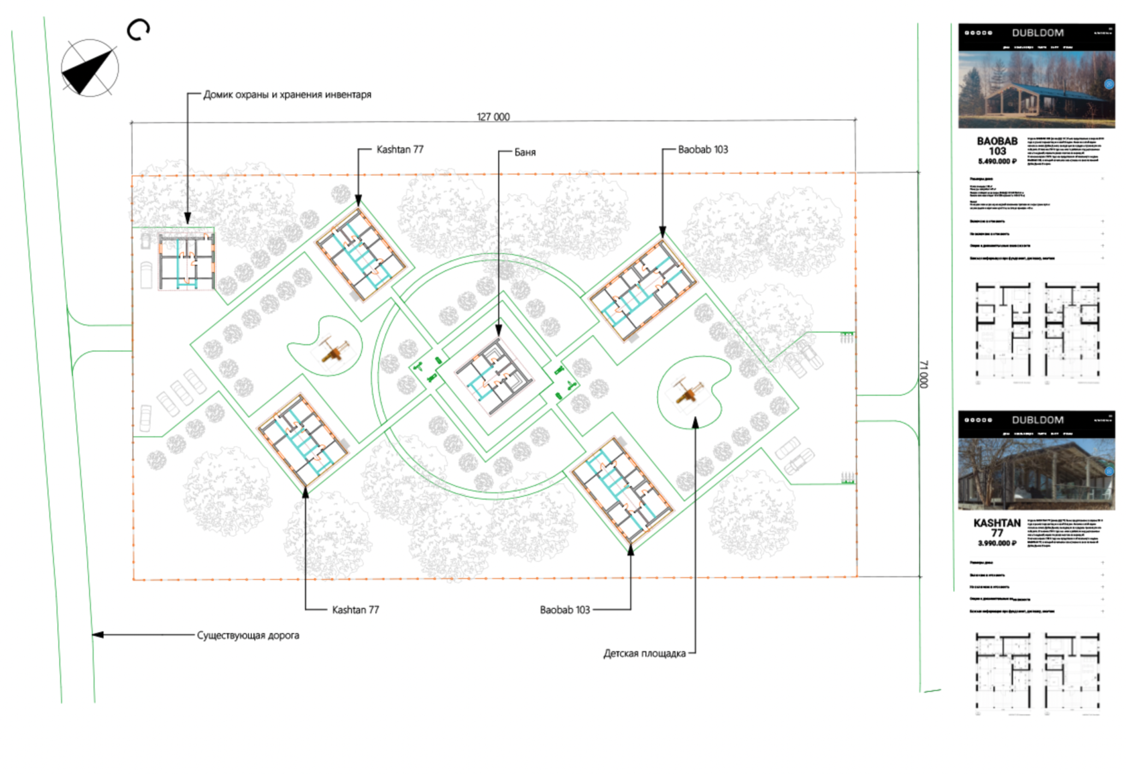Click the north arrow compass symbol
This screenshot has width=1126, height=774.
(x=89, y=68)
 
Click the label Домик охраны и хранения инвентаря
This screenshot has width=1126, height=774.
(x=287, y=94)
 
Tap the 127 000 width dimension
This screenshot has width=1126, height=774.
(x=493, y=117)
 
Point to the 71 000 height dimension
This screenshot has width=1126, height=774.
(x=923, y=374)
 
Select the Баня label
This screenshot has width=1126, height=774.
(x=525, y=152)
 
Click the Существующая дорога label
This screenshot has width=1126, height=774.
(x=248, y=635)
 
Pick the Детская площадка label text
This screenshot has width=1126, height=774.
(x=644, y=653)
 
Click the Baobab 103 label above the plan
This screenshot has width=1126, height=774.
(x=702, y=149)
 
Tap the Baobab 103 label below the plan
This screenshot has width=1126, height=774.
(x=564, y=610)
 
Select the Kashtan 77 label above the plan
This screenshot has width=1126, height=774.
(x=399, y=149)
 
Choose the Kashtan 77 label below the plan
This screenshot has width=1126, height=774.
(x=355, y=610)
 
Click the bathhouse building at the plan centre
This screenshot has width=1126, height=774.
(x=495, y=378)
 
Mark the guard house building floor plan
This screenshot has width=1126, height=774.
(x=186, y=261)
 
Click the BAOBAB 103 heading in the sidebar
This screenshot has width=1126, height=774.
(x=997, y=146)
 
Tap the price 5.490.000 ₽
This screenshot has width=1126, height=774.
(x=997, y=162)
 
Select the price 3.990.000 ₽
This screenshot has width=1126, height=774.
(x=997, y=543)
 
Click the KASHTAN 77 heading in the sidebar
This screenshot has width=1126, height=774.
(x=997, y=527)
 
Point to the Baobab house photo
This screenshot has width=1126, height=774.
(x=1036, y=90)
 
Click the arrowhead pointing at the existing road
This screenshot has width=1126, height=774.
(x=98, y=635)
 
